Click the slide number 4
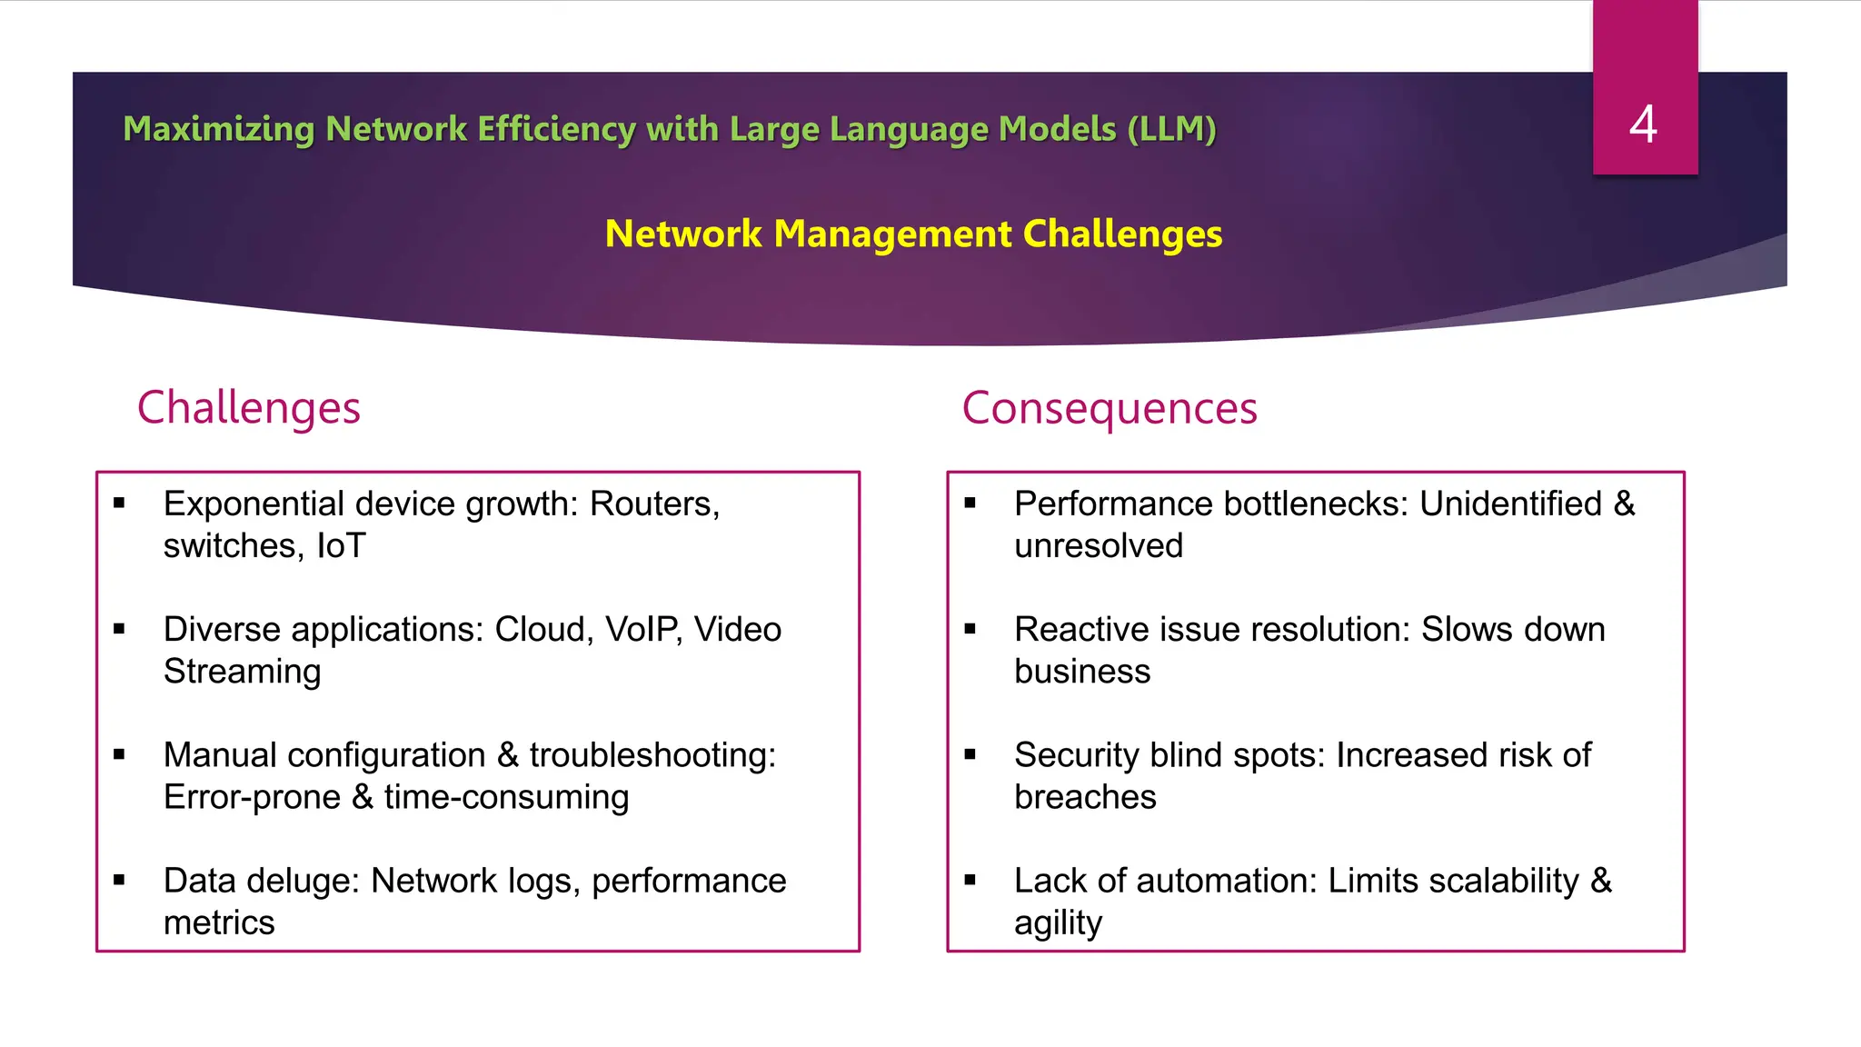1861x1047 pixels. [x=1643, y=124]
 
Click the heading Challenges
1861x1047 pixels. [x=249, y=407]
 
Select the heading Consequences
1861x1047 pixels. [x=1110, y=407]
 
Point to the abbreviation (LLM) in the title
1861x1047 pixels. [x=1171, y=129]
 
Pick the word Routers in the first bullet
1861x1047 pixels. [x=654, y=504]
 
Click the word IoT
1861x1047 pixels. [x=341, y=545]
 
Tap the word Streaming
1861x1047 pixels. [x=243, y=671]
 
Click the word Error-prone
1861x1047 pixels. [x=252, y=797]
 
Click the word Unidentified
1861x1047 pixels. [x=1510, y=504]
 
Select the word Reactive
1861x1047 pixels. [x=1077, y=629]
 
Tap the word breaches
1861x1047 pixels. [x=1085, y=797]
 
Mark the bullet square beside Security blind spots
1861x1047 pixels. [x=970, y=754]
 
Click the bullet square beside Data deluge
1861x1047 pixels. [x=119, y=880]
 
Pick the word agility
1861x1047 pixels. [x=1058, y=923]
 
